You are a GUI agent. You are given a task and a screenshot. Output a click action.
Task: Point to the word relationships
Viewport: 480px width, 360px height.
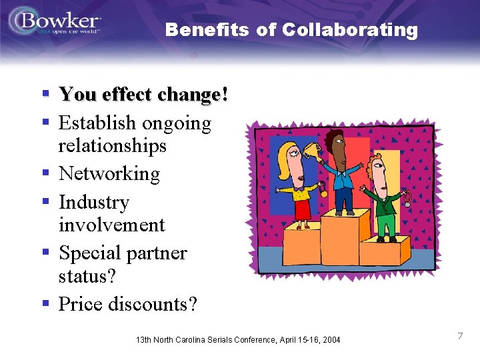coord(112,145)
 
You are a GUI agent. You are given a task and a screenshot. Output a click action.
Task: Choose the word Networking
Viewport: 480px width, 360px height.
coord(109,174)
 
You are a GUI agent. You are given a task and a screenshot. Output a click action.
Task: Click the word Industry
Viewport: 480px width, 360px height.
coord(94,202)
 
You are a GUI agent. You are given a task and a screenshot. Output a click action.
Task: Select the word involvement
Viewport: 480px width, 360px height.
coord(111,225)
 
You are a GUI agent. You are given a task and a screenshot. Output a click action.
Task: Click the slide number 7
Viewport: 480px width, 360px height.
coord(460,336)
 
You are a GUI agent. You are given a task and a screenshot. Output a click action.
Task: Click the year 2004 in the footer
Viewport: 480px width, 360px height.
coord(329,340)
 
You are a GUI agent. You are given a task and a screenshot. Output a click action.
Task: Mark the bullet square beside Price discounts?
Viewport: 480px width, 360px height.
coord(46,304)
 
